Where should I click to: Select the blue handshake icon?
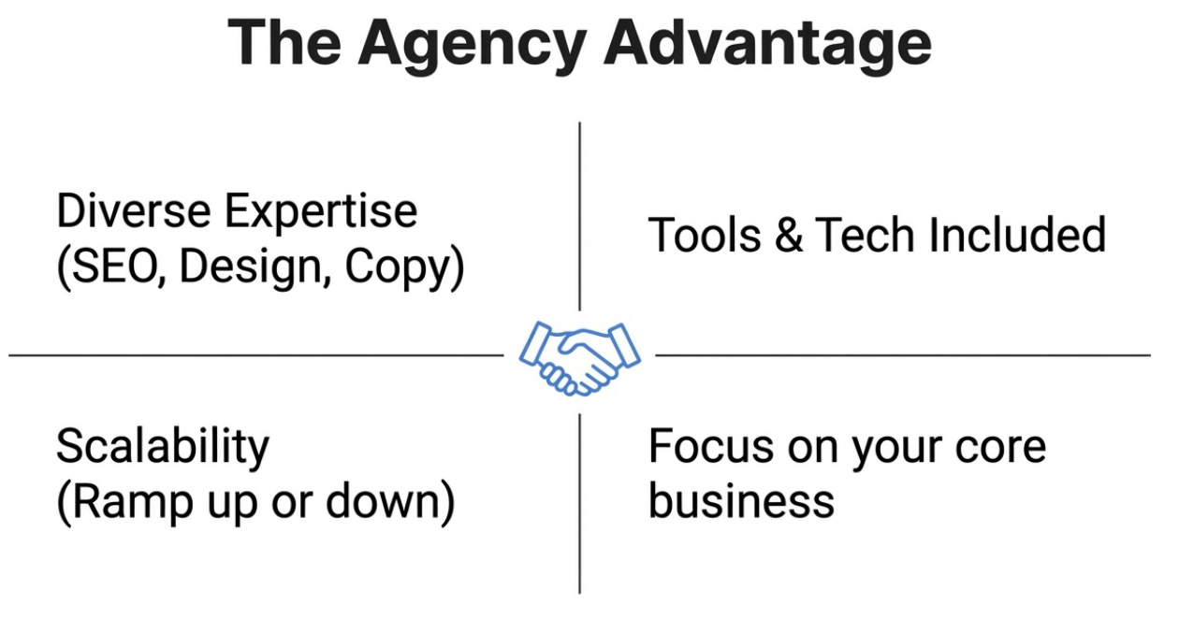click(x=580, y=356)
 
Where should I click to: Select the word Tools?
click(x=704, y=235)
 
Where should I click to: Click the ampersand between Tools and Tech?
click(x=789, y=235)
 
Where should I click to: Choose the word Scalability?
click(x=162, y=448)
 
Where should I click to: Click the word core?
click(x=1001, y=448)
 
